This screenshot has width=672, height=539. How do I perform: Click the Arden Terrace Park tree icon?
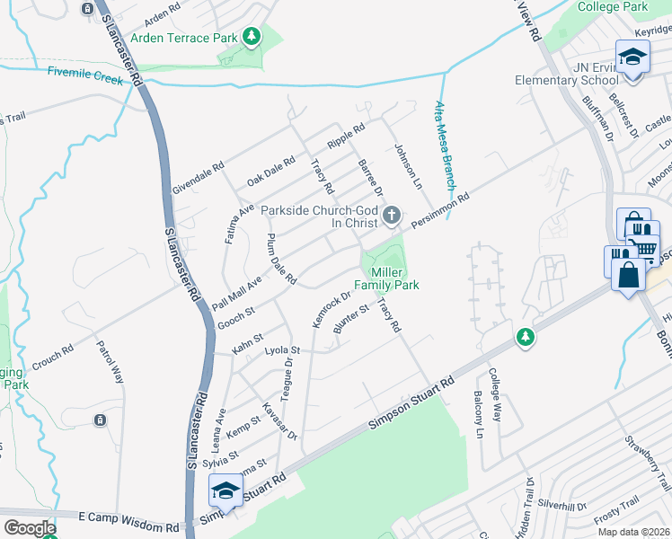point(253,37)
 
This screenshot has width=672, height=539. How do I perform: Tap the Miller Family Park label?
point(387,278)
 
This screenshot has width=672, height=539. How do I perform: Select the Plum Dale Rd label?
point(281,261)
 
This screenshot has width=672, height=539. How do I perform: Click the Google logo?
point(31,528)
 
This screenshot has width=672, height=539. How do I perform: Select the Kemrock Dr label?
point(331,311)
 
